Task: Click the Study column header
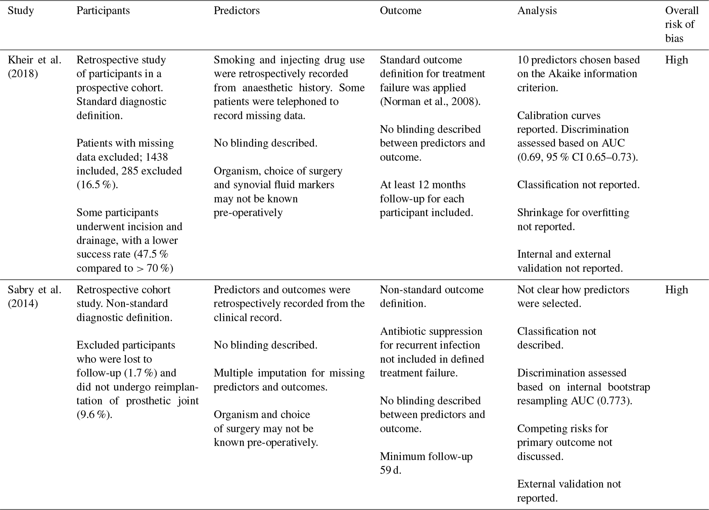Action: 21,11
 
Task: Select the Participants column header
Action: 103,11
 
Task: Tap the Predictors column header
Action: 236,11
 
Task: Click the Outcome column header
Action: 400,11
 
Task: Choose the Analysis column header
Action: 537,11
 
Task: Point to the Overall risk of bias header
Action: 682,24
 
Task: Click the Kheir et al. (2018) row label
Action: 34,66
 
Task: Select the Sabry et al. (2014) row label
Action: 34,296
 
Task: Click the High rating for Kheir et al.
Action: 676,60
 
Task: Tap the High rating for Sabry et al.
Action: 676,290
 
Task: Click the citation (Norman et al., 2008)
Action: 430,102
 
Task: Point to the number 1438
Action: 157,157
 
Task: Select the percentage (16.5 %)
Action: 97,185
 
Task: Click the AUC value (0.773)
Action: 614,401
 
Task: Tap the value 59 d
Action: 390,470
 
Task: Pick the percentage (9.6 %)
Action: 94,415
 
